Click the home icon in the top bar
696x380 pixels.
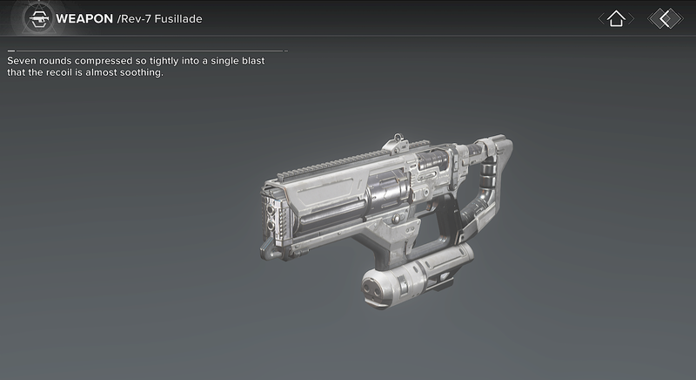tap(616, 18)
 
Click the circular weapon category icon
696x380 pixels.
tap(36, 18)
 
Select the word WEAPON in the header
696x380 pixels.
tap(84, 18)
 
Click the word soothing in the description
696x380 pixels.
tap(142, 72)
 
